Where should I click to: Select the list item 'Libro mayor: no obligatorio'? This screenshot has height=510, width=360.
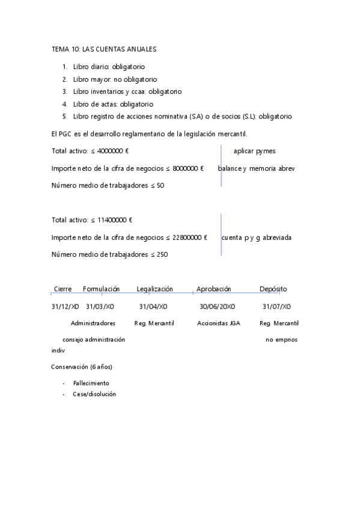[x=115, y=79]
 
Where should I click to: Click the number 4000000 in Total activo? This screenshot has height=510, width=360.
[x=109, y=151]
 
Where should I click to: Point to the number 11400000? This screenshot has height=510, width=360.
[x=111, y=220]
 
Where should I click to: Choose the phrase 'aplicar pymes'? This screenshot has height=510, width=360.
[x=254, y=151]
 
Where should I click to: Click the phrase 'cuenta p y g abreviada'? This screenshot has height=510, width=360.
[x=256, y=238]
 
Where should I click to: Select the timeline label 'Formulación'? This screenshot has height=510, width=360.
[x=101, y=289]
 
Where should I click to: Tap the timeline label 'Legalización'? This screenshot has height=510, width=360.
[x=154, y=289]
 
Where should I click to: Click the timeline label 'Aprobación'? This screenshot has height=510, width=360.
[x=213, y=289]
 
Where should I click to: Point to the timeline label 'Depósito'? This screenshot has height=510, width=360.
[x=273, y=289]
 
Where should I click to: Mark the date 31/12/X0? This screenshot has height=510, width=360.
[x=65, y=307]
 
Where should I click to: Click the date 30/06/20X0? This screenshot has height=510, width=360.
[x=217, y=307]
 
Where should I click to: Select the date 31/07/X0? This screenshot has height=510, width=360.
[x=276, y=307]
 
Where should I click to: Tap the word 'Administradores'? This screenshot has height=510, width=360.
[x=93, y=324]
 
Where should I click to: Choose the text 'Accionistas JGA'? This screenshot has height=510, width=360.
[x=218, y=324]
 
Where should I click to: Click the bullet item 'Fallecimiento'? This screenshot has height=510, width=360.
[x=91, y=383]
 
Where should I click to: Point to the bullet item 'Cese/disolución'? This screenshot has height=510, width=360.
[x=94, y=395]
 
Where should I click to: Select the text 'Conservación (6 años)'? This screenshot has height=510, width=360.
[x=82, y=366]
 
